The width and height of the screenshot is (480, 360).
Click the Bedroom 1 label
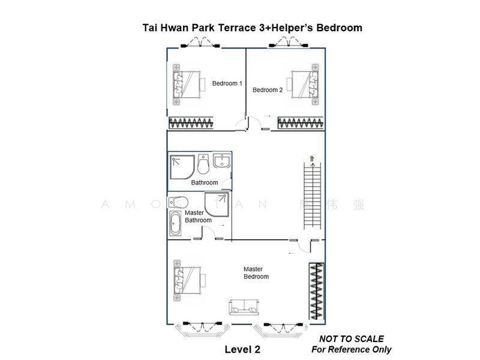pos(227,83)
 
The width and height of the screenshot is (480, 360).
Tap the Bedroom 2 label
pos(267,90)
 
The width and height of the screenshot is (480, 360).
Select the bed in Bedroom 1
pos(186,84)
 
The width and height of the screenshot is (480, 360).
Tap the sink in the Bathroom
pos(221,161)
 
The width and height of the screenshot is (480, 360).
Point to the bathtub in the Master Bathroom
pos(176,226)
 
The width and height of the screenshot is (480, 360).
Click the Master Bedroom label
pos(256,273)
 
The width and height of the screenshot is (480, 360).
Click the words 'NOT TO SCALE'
pos(352,339)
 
